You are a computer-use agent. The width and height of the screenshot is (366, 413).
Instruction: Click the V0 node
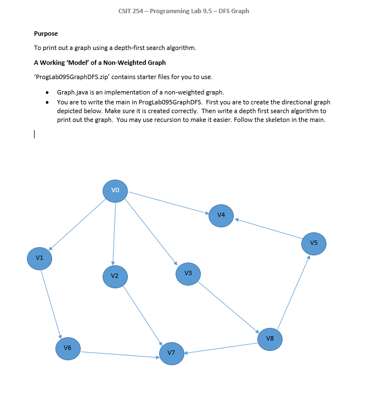[115, 191]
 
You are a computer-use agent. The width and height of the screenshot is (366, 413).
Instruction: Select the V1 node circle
[40, 258]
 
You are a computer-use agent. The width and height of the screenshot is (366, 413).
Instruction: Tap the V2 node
[114, 276]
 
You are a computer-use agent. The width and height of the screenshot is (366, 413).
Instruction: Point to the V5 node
[314, 243]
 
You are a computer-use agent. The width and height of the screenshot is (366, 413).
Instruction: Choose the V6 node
[67, 348]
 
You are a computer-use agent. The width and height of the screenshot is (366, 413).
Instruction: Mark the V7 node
[171, 353]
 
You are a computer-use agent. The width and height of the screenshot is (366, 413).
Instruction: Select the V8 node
[270, 338]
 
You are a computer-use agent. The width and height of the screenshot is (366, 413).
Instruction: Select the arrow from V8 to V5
[294, 291]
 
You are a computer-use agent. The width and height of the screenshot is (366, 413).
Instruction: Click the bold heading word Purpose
[46, 34]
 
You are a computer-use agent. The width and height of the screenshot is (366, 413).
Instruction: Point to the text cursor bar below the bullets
[35, 133]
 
